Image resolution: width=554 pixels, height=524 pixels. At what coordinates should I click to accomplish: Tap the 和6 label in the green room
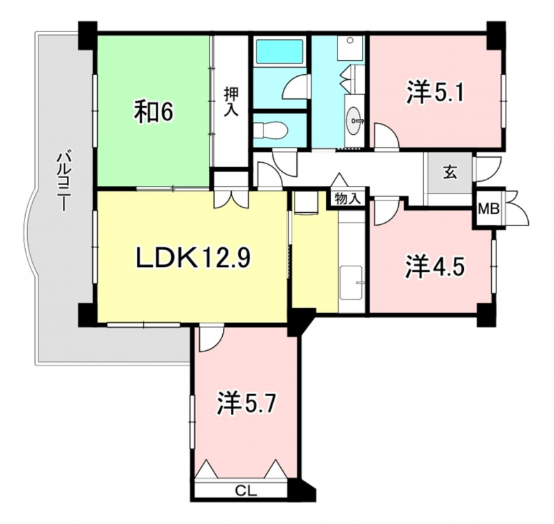152,112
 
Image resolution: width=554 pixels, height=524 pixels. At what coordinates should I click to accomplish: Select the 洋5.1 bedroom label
435,92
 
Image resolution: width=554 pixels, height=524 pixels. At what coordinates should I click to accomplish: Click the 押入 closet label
232,102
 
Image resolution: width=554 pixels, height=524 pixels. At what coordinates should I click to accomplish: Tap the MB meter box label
488,209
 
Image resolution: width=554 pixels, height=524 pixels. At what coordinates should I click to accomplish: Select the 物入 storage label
348,199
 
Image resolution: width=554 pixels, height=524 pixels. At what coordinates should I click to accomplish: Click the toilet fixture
271,130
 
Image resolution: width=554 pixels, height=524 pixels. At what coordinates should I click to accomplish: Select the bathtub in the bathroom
280,51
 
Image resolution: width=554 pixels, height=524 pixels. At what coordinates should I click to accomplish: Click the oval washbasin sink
355,120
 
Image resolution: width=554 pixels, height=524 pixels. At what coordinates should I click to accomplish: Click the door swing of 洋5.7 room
211,340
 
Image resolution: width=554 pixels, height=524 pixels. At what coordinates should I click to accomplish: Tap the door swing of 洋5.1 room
387,136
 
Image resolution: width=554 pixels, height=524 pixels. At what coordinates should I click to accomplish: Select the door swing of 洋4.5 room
387,212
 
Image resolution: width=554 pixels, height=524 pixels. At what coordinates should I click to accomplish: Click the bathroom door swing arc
295,87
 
